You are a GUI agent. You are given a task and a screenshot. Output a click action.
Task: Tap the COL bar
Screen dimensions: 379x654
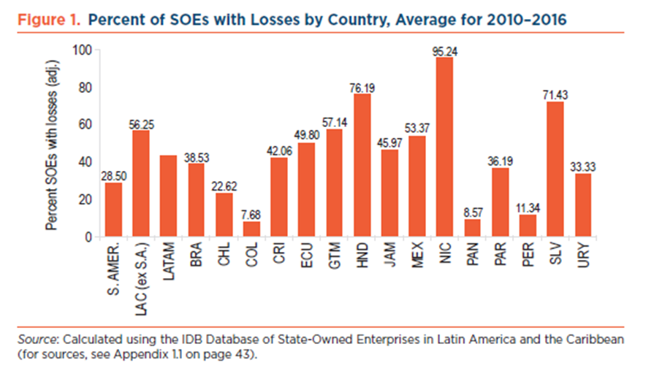pos(251,229)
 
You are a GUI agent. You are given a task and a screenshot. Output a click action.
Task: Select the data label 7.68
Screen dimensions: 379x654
pos(251,215)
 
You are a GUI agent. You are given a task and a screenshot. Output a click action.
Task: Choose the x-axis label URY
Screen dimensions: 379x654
pos(583,256)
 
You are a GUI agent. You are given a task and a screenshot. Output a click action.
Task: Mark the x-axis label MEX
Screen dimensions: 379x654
pos(417,256)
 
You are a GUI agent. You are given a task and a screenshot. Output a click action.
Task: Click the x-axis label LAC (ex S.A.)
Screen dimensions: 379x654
pos(140,275)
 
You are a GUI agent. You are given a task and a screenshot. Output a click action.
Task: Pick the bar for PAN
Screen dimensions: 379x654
pos(472,229)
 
